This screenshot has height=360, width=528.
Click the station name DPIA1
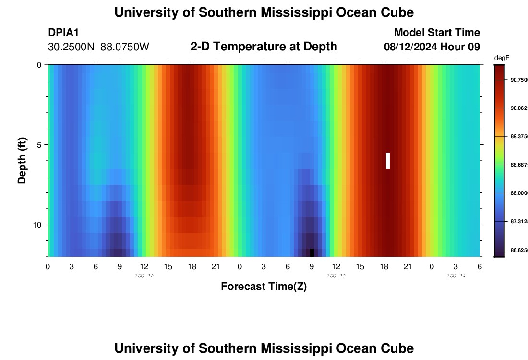[x=63, y=33]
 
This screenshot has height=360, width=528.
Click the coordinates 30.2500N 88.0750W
[x=98, y=47]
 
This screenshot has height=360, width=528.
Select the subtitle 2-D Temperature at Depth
[x=264, y=47]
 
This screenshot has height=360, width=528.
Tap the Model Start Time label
[x=436, y=33]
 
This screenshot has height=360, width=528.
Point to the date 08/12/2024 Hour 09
[x=432, y=47]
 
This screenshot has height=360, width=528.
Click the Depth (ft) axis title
[x=22, y=160]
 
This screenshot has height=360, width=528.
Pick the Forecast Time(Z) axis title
[x=264, y=287]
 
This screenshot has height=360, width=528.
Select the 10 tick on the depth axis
[x=38, y=225]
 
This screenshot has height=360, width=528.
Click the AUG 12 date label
[x=144, y=276]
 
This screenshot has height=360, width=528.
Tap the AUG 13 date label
[x=336, y=276]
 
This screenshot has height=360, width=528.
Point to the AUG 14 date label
[x=456, y=276]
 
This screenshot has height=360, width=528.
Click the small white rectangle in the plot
[x=388, y=161]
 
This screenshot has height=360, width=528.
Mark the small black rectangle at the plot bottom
[x=312, y=252]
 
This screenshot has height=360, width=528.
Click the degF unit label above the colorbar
[x=502, y=58]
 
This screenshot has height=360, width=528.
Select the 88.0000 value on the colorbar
[x=519, y=193]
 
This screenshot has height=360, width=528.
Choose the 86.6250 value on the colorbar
[x=519, y=251]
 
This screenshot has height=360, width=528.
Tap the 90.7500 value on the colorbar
[x=519, y=80]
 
